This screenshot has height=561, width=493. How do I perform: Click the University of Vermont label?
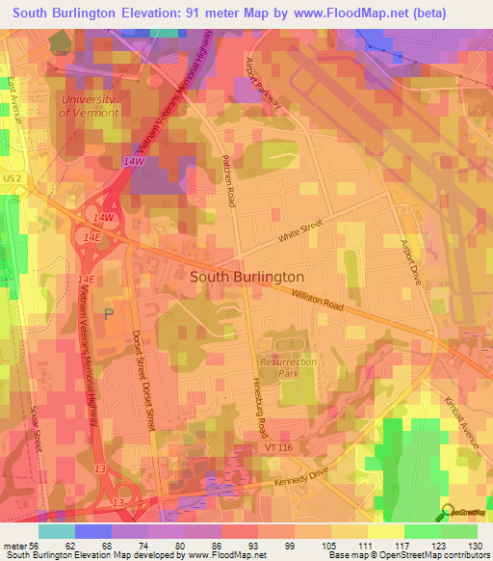(x=88, y=106)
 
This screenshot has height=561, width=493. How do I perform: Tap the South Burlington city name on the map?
(x=247, y=276)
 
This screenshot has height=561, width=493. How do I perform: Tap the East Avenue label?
(x=13, y=98)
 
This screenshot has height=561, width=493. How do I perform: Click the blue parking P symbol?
(x=109, y=313)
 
